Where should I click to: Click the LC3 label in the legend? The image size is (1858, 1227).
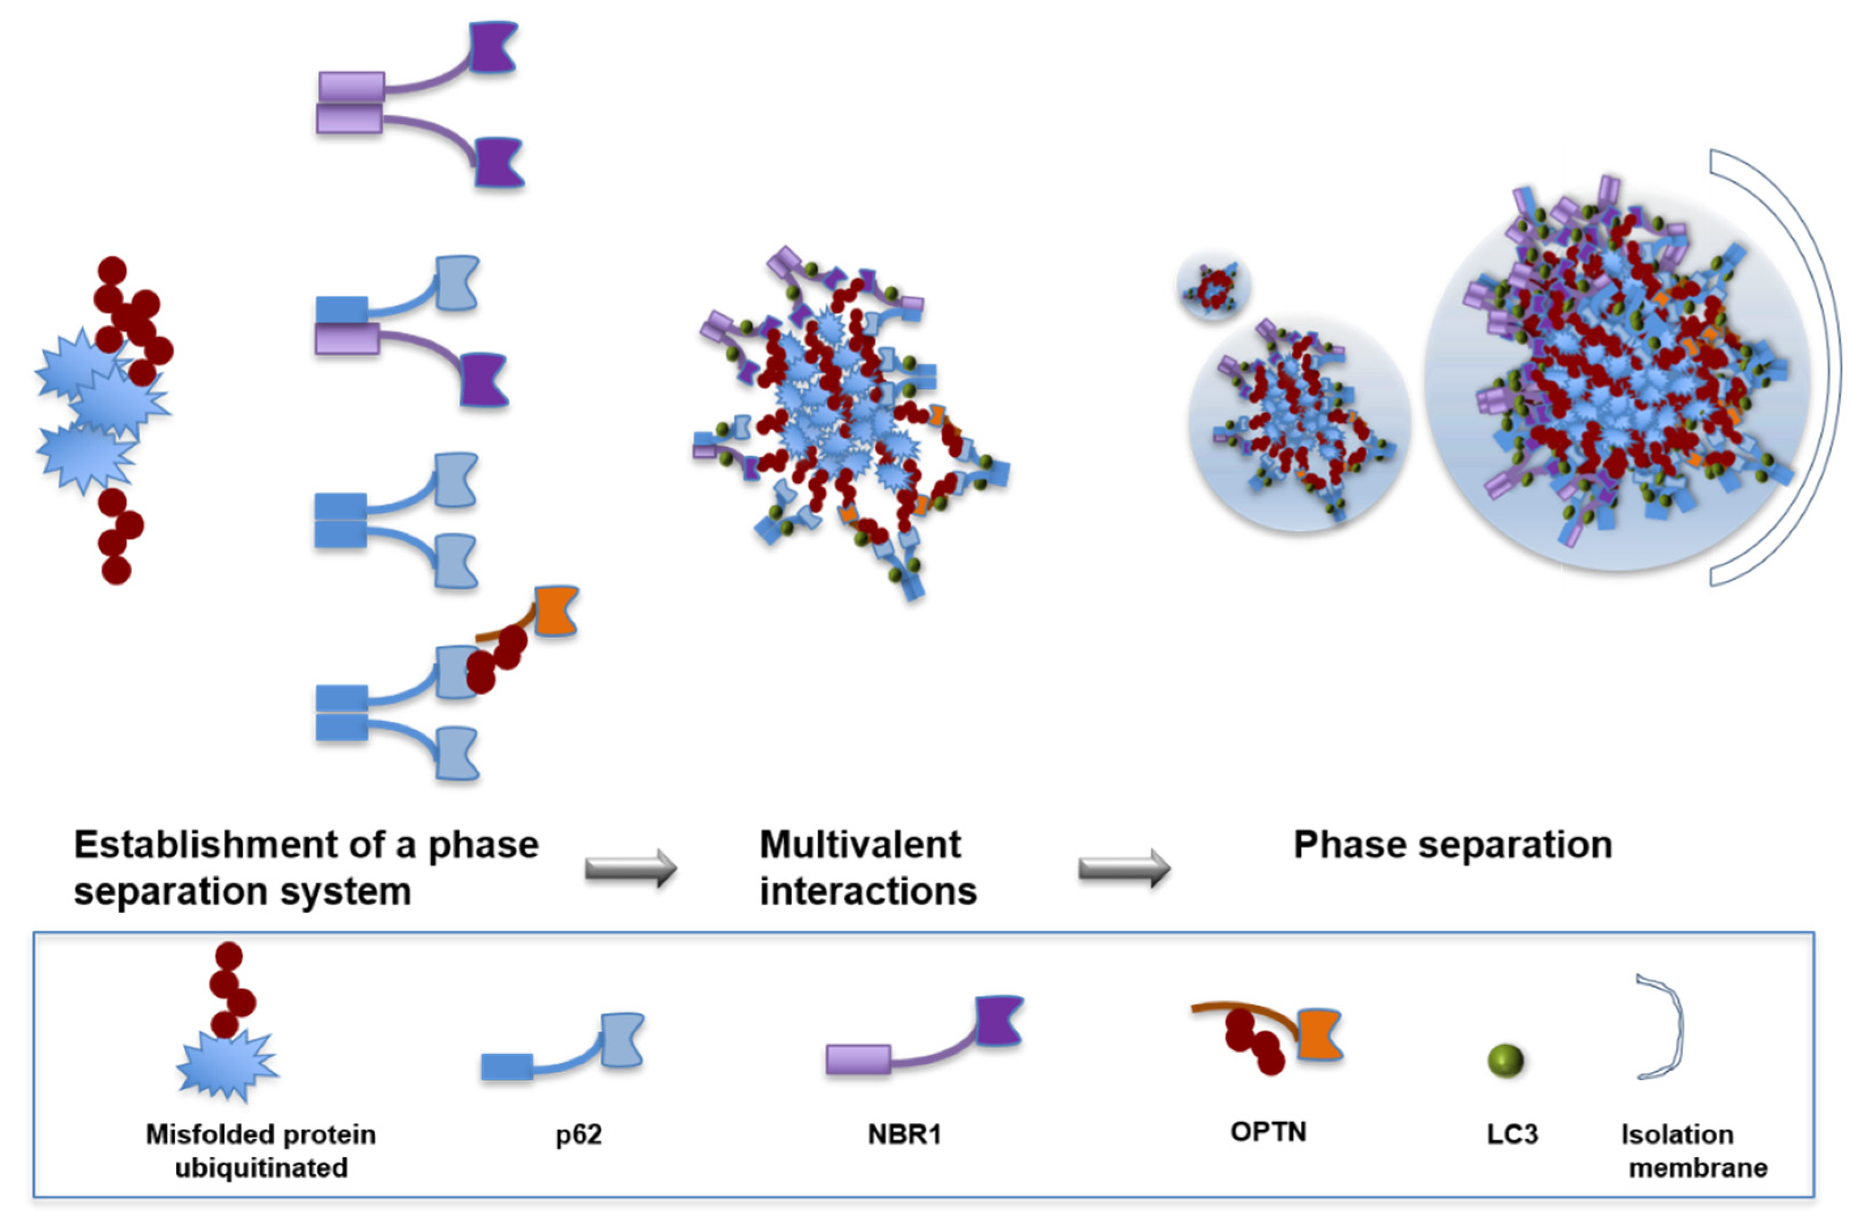tap(1512, 1134)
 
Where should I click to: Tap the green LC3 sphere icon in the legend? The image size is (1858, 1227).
tap(1505, 1061)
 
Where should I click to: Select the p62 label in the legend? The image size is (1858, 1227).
tap(578, 1134)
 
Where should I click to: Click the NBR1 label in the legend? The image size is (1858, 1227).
tap(904, 1134)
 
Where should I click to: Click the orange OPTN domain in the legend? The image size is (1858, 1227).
tap(1320, 1034)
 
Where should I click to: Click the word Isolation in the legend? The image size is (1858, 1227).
tap(1676, 1134)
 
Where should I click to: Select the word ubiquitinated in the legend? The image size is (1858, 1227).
tap(261, 1167)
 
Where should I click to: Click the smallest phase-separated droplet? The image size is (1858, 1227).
tap(1213, 286)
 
